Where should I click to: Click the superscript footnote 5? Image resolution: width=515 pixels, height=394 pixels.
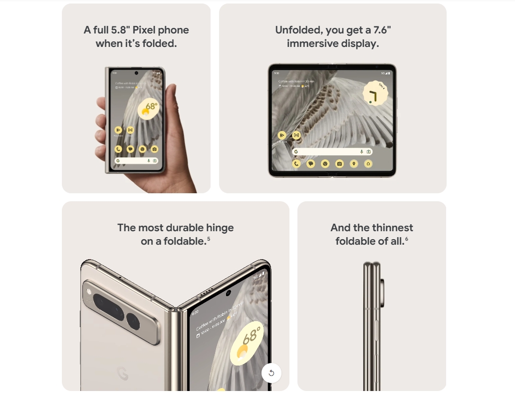[x=209, y=239]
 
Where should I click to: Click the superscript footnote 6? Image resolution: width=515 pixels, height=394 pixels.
[x=406, y=239]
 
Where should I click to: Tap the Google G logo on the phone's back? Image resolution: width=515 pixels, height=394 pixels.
[x=122, y=373]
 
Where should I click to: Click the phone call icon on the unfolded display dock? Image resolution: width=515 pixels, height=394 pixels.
[x=296, y=163]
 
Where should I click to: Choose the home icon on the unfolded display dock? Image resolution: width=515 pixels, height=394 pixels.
[x=368, y=163]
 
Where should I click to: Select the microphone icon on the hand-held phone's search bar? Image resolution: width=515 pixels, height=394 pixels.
[x=149, y=161]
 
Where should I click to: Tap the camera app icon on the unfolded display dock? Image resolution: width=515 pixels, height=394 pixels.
[x=339, y=163]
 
